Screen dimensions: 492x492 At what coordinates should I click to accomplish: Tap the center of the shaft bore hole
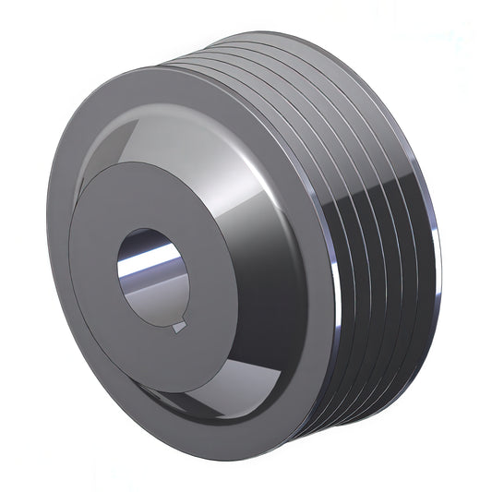152,274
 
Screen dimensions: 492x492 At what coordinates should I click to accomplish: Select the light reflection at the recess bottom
222,397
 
